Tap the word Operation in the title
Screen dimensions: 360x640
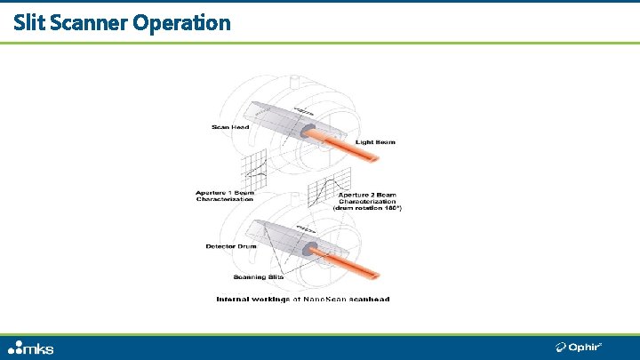181,22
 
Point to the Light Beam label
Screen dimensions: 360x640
375,141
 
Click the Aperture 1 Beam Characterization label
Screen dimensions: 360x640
225,196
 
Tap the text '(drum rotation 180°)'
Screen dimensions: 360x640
369,208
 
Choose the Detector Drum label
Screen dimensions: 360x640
228,246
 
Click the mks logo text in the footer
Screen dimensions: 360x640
41,348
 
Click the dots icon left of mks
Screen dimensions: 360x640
15,348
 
